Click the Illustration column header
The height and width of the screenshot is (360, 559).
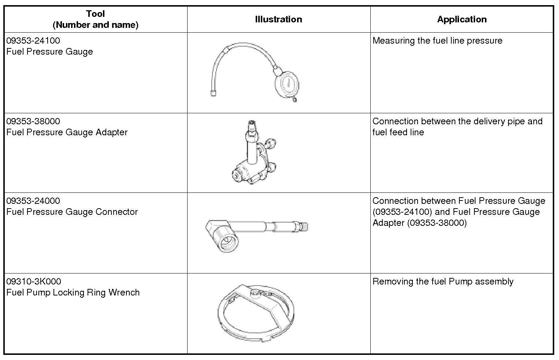point(278,19)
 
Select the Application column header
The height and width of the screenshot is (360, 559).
point(462,19)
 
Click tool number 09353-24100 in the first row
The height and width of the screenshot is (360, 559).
point(33,41)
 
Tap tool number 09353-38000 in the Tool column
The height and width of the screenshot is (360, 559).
point(33,121)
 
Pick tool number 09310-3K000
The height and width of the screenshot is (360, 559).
point(34,282)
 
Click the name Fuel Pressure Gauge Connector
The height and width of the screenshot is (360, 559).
point(72,212)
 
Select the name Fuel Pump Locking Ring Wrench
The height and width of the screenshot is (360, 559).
point(73,293)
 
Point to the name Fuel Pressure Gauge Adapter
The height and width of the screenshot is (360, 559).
point(67,132)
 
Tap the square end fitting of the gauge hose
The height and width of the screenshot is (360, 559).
point(213,93)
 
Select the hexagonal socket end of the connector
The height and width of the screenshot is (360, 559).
point(224,238)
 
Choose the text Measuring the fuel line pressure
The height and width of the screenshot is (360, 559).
point(437,41)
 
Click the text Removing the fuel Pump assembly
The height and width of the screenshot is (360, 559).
point(443,282)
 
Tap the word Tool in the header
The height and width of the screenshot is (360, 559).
point(95,14)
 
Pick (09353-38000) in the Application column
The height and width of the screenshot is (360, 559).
point(437,223)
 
